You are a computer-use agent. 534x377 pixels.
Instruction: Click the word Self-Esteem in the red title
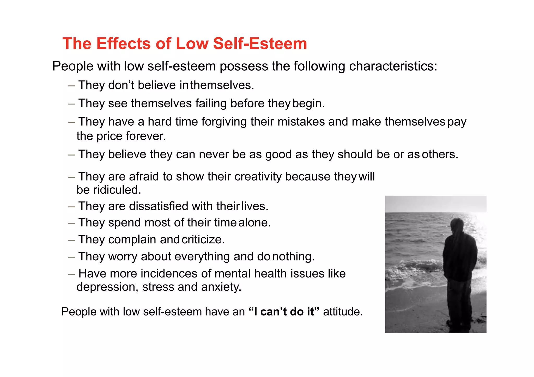pyautogui.click(x=260, y=44)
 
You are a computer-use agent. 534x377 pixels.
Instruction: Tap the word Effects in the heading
pyautogui.click(x=124, y=44)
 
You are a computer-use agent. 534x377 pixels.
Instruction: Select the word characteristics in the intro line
pyautogui.click(x=393, y=66)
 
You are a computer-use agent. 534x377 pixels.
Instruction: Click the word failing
pyautogui.click(x=211, y=103)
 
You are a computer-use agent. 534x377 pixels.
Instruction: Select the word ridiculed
pyautogui.click(x=117, y=190)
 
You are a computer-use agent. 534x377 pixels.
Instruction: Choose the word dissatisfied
pyautogui.click(x=158, y=206)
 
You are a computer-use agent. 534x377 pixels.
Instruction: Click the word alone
pyautogui.click(x=254, y=223)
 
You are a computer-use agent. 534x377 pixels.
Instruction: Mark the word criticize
pyautogui.click(x=203, y=240)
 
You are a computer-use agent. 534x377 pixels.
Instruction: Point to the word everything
pyautogui.click(x=202, y=257)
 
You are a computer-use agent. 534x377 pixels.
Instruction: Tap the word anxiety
pyautogui.click(x=221, y=287)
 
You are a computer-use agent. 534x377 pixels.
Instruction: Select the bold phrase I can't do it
pyautogui.click(x=284, y=312)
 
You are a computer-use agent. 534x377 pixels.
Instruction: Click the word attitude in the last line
pyautogui.click(x=343, y=312)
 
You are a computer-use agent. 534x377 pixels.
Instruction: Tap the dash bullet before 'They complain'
pyautogui.click(x=72, y=240)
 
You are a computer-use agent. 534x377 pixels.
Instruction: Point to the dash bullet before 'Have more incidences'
pyautogui.click(x=72, y=274)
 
